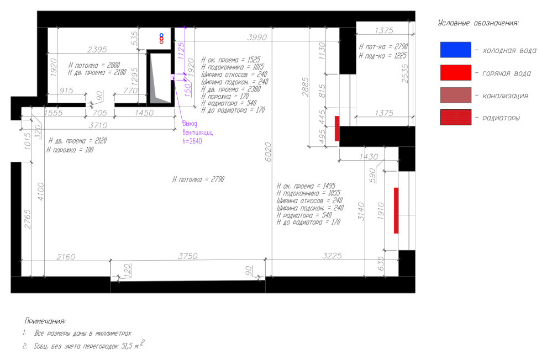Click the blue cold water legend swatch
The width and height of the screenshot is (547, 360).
[x=456, y=50]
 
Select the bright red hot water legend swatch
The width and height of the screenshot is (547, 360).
[x=456, y=72]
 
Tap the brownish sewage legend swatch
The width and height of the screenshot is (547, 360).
[x=456, y=95]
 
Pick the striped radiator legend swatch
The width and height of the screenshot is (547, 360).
[x=456, y=117]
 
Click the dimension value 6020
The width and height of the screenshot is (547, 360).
[x=268, y=152]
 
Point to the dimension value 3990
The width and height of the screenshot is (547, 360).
[x=257, y=37]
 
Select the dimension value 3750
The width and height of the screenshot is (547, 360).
[x=188, y=256]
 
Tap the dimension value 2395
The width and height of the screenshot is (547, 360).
[x=97, y=50]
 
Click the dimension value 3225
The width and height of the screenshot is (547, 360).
[x=332, y=256]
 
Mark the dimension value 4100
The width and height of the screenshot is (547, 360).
[x=41, y=192]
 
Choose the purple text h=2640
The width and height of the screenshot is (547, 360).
[x=192, y=141]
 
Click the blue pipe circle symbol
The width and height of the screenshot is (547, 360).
[x=161, y=35]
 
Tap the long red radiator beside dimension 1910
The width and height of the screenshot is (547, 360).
[x=396, y=210]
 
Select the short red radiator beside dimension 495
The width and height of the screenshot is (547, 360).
[x=337, y=129]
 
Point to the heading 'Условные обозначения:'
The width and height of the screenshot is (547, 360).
[x=478, y=23]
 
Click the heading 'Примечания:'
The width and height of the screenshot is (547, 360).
[x=45, y=321]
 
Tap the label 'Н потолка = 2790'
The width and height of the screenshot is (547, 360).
[x=198, y=179]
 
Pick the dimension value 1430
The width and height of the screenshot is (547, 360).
[x=369, y=157]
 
